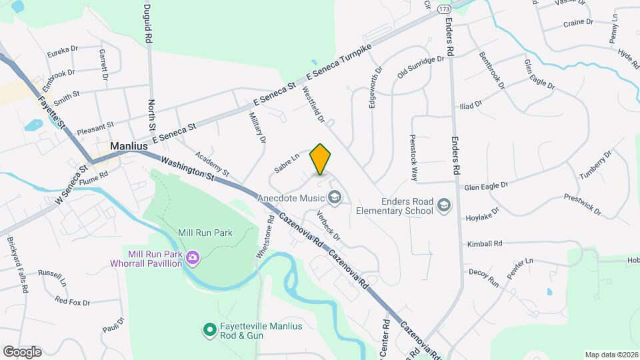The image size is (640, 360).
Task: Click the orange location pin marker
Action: tap(321, 159)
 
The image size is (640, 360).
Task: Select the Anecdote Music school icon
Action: tap(334, 197)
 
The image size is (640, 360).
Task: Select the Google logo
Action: tap(22, 351)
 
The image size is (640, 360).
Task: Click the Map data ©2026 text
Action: tap(611, 355)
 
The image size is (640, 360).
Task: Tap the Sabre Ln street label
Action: tap(286, 165)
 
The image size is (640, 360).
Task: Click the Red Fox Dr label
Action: tap(73, 302)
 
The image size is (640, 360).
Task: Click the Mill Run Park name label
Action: tap(205, 233)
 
